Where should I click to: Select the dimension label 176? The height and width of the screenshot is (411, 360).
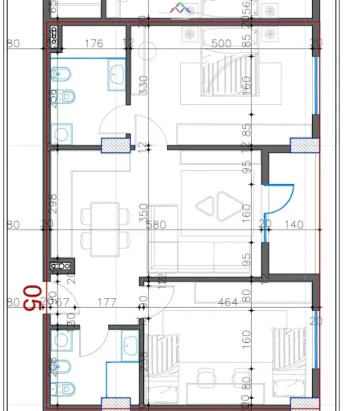[x=94, y=44]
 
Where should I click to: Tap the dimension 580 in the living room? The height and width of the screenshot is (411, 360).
[x=156, y=225]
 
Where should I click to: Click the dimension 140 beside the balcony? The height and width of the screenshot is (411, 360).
[x=293, y=225]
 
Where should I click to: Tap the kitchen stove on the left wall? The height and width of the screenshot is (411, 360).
[x=58, y=265]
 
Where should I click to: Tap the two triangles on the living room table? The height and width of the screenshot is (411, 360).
[x=217, y=206]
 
